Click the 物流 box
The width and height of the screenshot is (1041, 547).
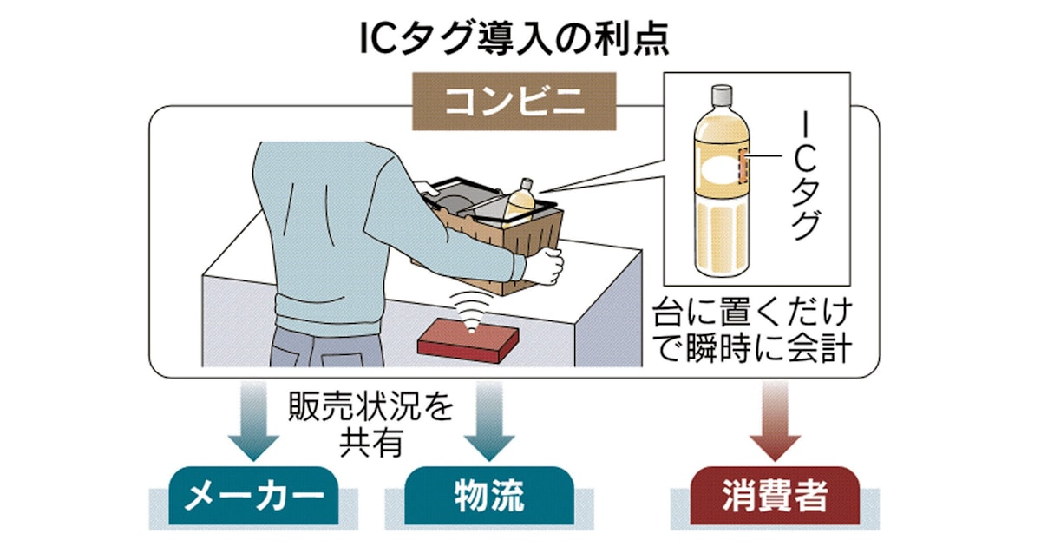(x=489, y=496)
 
